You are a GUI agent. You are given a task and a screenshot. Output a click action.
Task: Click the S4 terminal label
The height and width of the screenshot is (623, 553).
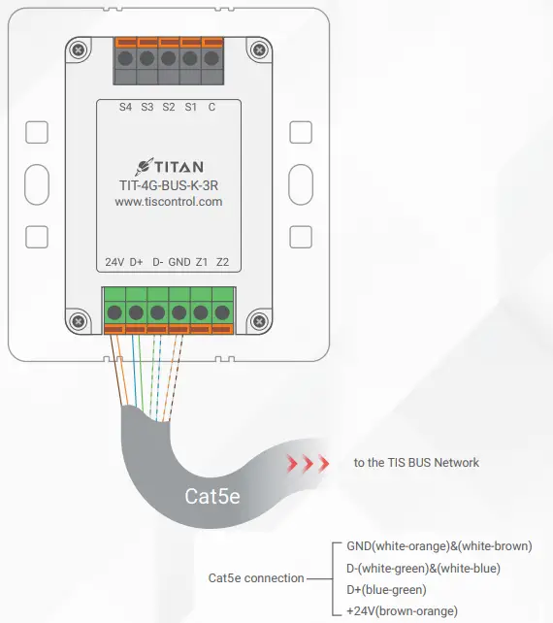point(125,107)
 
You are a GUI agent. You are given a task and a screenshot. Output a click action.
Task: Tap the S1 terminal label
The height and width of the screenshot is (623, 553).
point(190,107)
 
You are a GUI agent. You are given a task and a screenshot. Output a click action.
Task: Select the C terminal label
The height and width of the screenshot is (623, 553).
point(211,107)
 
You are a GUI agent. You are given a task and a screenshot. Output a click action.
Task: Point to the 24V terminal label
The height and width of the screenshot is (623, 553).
point(114,263)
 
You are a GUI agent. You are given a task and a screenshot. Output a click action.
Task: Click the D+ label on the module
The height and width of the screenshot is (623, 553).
point(137,263)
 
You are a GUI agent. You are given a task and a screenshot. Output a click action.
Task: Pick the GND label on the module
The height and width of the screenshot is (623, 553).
point(179,263)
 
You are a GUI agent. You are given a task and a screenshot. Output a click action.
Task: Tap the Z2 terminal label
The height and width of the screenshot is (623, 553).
point(222,263)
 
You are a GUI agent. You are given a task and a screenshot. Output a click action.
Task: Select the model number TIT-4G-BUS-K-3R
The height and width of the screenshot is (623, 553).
point(169,184)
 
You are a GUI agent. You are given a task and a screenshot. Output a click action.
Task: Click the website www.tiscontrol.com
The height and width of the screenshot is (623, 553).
point(169,202)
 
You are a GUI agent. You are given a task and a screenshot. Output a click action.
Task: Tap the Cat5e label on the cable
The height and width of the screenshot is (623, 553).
point(213,497)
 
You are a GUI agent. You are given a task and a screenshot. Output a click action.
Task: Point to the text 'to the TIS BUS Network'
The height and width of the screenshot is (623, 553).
point(416,462)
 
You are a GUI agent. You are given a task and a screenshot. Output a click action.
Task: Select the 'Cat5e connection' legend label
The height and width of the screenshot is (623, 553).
point(256,578)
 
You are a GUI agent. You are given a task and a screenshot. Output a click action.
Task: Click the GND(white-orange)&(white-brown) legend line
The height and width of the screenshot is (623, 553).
point(439,546)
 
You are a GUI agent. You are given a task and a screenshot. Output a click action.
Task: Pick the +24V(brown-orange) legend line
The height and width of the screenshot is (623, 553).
point(402,611)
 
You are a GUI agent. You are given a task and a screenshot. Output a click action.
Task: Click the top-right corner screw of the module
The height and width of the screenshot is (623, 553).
point(257,49)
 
